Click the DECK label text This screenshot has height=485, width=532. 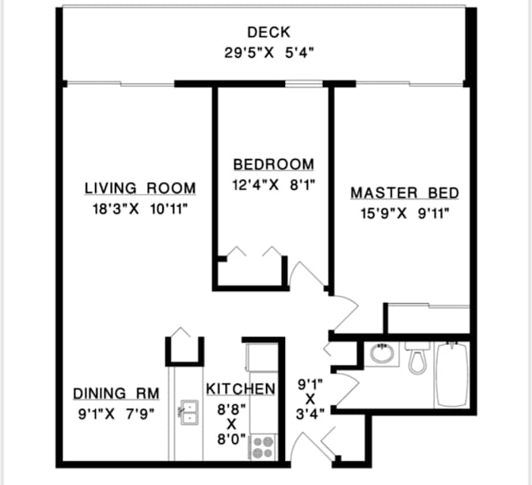268,32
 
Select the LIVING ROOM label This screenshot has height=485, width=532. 140,188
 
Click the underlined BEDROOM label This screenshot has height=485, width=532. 273,165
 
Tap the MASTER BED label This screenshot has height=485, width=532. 405,193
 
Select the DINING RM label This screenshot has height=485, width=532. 116,393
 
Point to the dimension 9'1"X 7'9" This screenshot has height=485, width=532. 116,413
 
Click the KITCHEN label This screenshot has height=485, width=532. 241,389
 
